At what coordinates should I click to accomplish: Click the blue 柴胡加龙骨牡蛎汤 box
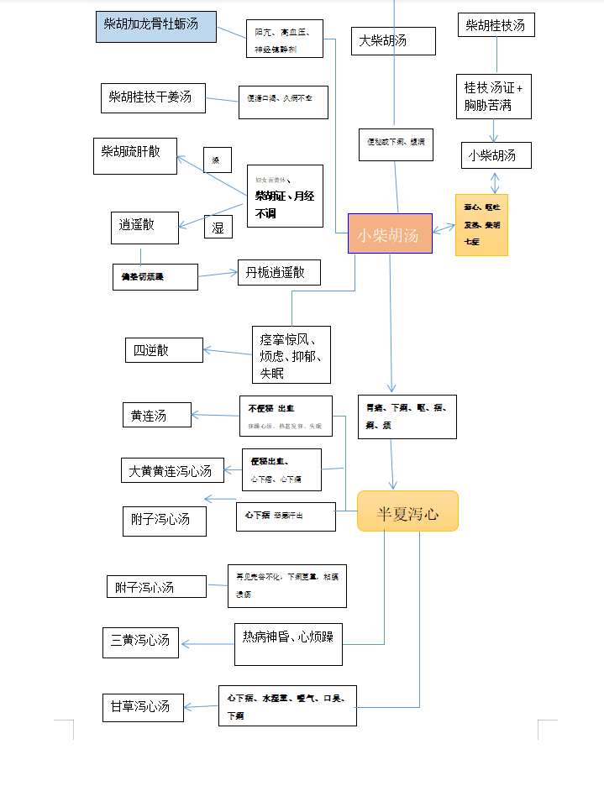(155, 26)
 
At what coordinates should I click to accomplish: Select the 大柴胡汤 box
(393, 41)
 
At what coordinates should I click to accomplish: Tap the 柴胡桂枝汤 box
(496, 25)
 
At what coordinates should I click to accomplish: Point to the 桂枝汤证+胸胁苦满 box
(494, 97)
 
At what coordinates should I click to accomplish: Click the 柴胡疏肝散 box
(134, 155)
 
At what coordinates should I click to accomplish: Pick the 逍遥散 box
(144, 227)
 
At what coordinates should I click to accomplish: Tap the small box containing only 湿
(218, 227)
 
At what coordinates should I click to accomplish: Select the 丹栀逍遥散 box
(279, 272)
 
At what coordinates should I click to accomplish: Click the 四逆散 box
(164, 350)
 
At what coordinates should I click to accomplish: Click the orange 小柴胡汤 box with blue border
(390, 233)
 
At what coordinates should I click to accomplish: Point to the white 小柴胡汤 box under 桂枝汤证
(496, 155)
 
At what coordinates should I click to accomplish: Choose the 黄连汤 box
(157, 415)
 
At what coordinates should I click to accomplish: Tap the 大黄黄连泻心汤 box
(172, 470)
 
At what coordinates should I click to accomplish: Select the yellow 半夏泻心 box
(407, 511)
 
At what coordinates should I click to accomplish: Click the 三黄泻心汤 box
(140, 642)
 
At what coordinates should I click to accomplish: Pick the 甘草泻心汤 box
(140, 706)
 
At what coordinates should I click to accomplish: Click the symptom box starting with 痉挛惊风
(291, 354)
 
